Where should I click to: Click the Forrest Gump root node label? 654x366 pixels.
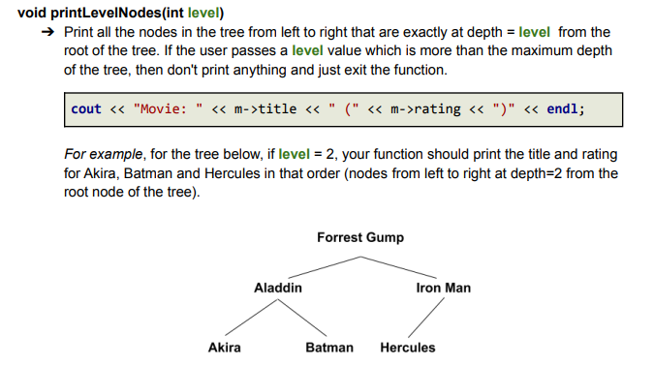[359, 237]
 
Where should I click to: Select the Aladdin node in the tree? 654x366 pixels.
[278, 288]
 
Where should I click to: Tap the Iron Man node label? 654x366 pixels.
[443, 288]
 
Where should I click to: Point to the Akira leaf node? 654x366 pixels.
[225, 348]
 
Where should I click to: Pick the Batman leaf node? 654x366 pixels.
[329, 348]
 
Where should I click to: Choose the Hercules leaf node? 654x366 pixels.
[408, 348]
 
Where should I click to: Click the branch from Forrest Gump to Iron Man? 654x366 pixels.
[402, 268]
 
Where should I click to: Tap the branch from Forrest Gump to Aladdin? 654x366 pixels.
[320, 268]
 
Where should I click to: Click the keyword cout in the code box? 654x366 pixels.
[85, 108]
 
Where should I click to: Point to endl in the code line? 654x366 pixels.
[564, 108]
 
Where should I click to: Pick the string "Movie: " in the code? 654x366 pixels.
[166, 108]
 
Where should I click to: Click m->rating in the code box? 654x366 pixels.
[427, 108]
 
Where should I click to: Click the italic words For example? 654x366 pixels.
[101, 154]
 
